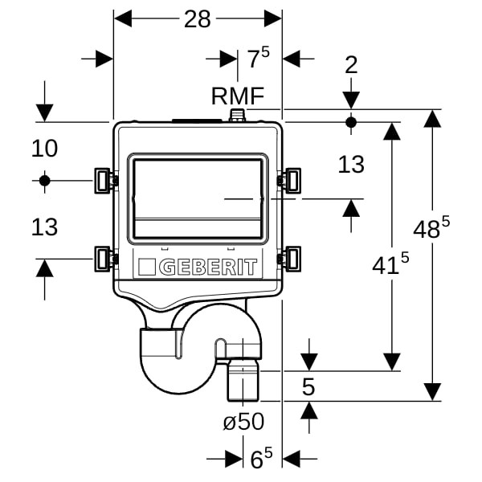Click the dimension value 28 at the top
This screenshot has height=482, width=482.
197,19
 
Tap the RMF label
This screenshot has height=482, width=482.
238,96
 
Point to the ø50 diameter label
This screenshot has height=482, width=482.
243,421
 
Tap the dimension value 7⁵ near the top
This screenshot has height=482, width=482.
258,59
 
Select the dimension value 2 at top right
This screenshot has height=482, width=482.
350,65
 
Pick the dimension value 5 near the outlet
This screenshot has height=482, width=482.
308,386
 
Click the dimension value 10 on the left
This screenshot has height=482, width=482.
45,148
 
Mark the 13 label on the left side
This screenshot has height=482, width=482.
45,227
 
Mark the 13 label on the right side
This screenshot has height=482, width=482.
351,165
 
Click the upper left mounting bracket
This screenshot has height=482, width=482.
104,180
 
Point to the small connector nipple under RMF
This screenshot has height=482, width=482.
237,116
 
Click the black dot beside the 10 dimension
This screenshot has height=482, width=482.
45,180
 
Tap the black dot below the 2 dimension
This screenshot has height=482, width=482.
350,122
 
